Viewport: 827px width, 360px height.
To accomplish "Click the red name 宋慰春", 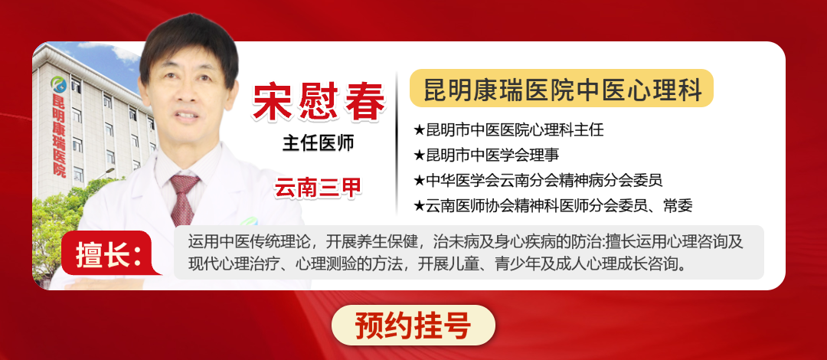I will pyautogui.click(x=319, y=100).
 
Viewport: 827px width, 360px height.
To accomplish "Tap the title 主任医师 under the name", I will pyautogui.click(x=319, y=143).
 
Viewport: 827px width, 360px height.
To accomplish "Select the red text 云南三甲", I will pyautogui.click(x=319, y=187).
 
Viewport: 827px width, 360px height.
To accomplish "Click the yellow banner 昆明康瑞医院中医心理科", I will pyautogui.click(x=561, y=89).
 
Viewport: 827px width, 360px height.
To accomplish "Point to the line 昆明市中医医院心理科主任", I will pyautogui.click(x=508, y=130).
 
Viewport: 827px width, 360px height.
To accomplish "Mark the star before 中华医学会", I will pyautogui.click(x=418, y=181).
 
